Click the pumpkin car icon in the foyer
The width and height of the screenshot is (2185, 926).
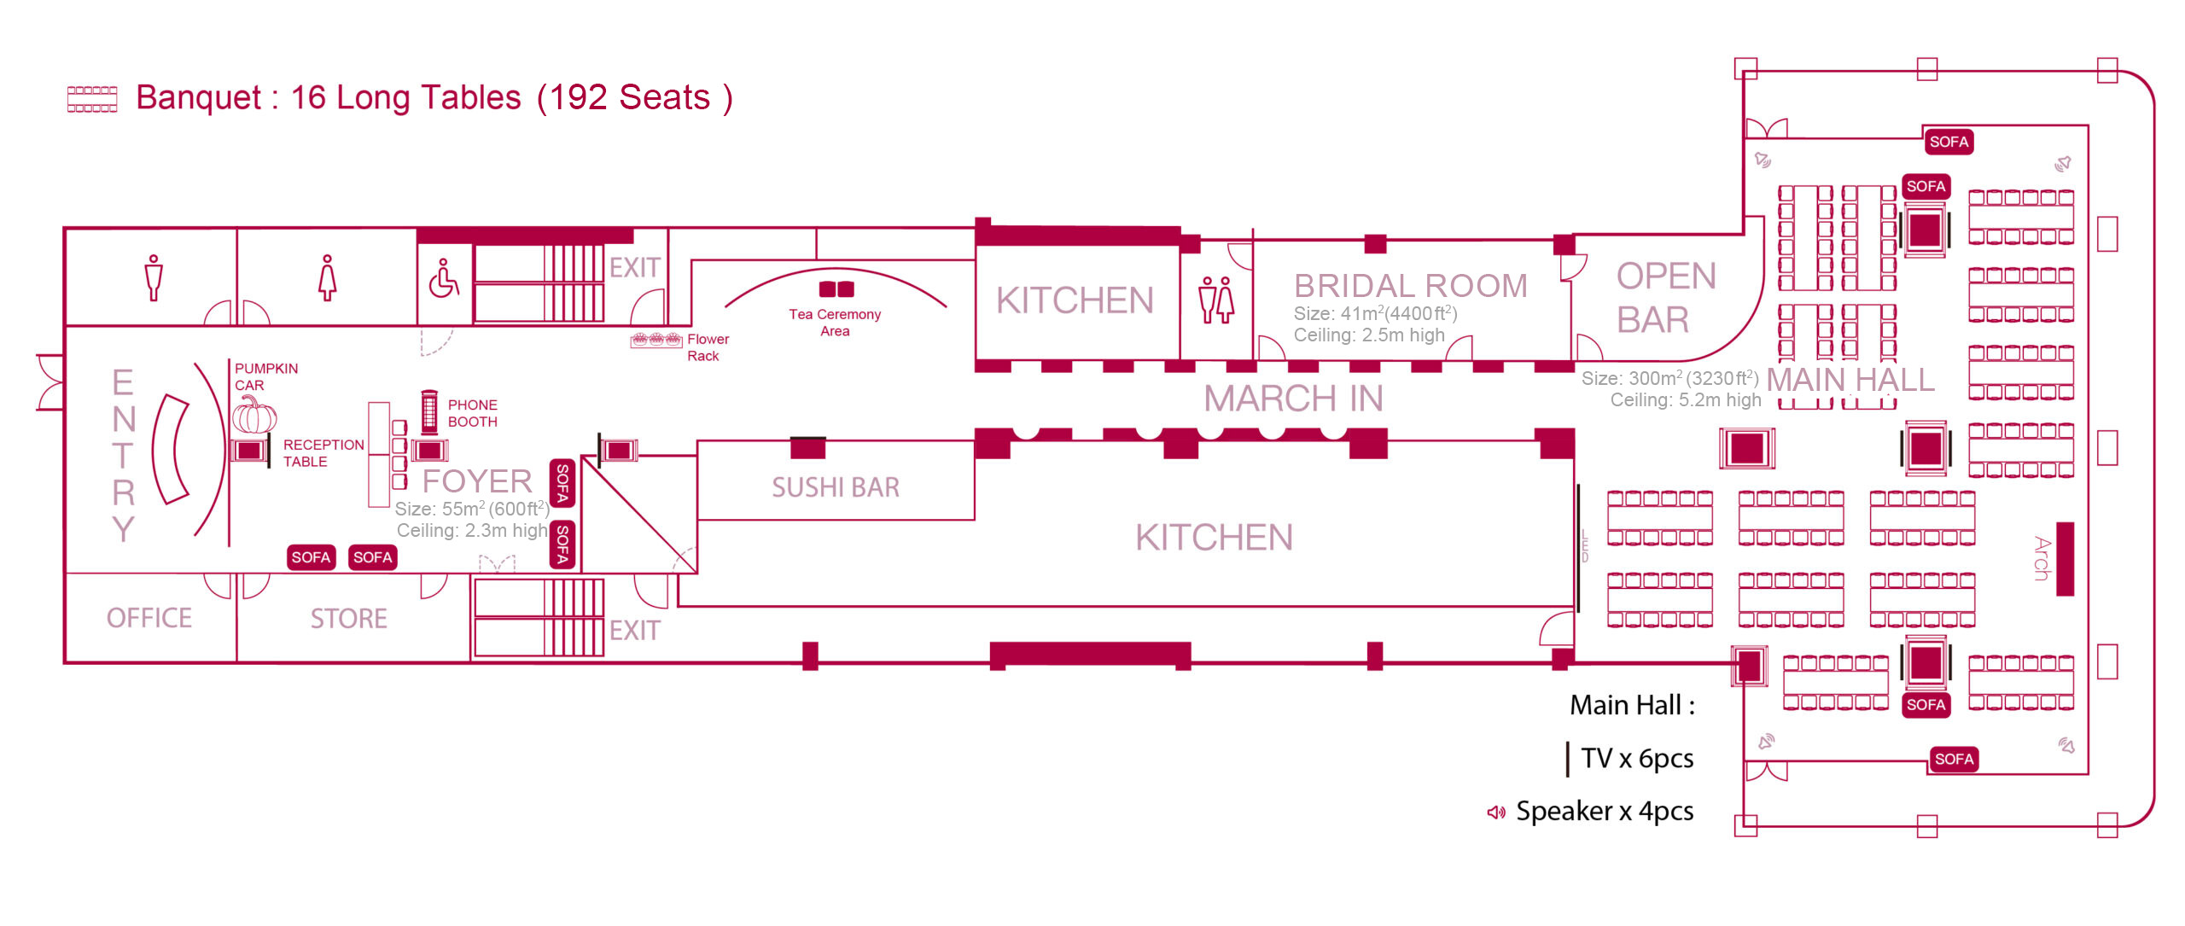pos(254,415)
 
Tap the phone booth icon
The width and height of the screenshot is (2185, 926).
pos(429,412)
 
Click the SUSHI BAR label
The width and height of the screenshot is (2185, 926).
pos(836,487)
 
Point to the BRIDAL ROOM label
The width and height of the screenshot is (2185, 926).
pos(1410,286)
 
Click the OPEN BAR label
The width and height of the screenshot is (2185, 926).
pos(1664,298)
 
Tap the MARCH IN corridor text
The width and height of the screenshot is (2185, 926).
pos(1293,399)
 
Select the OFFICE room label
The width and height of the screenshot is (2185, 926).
pos(149,618)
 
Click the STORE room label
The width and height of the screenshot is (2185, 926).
pos(348,618)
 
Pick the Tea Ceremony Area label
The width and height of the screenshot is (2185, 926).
pos(835,323)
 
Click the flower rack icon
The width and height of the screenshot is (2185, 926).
pos(655,340)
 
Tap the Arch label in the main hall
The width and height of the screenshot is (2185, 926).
pos(2041,558)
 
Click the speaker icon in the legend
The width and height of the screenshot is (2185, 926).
pos(1495,812)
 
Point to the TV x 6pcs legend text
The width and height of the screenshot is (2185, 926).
pos(1636,758)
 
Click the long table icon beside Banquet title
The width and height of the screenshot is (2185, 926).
pos(92,99)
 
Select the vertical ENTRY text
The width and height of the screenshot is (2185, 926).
pos(124,455)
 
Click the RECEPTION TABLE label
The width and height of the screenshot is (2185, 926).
pos(323,453)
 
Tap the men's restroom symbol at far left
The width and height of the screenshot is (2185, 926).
pos(154,277)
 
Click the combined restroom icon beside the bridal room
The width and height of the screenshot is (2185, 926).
pos(1216,300)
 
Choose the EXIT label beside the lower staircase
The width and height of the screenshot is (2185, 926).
pos(634,631)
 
